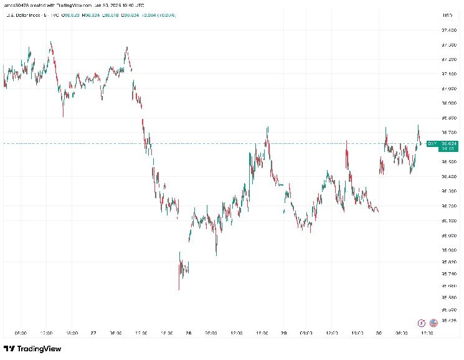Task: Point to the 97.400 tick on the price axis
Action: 448,30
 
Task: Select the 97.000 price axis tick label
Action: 448,88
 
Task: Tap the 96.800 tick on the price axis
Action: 448,118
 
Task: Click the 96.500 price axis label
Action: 448,162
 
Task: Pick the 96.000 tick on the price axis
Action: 448,235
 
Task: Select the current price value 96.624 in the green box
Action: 448,144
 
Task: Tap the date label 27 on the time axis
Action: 92,333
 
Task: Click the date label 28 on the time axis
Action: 187,333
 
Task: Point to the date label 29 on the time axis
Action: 283,333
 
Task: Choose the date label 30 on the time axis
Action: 379,333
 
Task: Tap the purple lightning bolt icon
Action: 422,323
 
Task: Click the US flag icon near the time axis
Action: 432,323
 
